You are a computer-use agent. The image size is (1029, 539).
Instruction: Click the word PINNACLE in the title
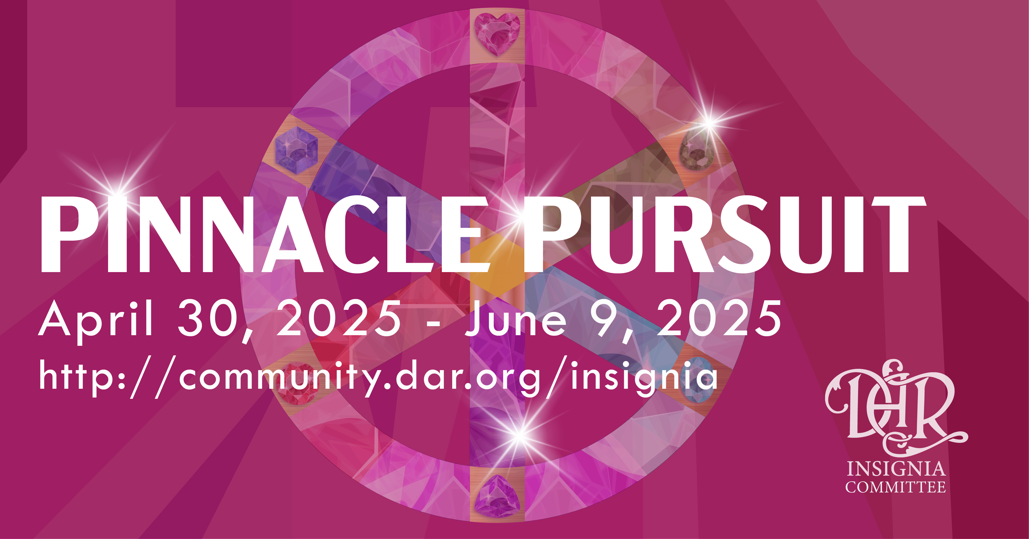point(265,235)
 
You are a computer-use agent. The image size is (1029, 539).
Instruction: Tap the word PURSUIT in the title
point(724,235)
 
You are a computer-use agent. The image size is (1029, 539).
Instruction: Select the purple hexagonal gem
point(296,150)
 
